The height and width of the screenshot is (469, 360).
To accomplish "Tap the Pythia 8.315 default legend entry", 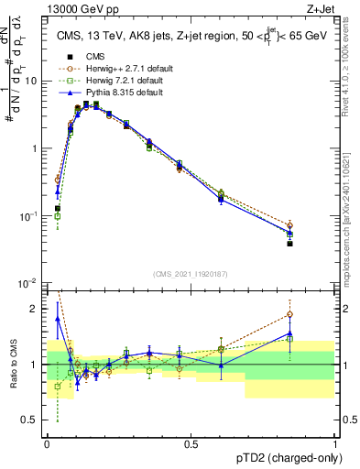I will pyautogui.click(x=105, y=92).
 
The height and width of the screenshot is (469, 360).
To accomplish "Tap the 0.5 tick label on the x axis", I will pyautogui.click(x=191, y=444).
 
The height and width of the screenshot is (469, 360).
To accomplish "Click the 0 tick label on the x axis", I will pyautogui.click(x=48, y=444).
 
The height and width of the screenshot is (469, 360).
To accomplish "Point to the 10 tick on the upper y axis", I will pyautogui.click(x=33, y=81).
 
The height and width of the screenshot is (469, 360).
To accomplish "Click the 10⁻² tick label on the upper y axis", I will pyautogui.click(x=29, y=283).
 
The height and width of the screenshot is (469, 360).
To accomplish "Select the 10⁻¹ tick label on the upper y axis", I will pyautogui.click(x=29, y=216).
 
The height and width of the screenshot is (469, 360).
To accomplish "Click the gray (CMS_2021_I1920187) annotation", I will pyautogui.click(x=191, y=273).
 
